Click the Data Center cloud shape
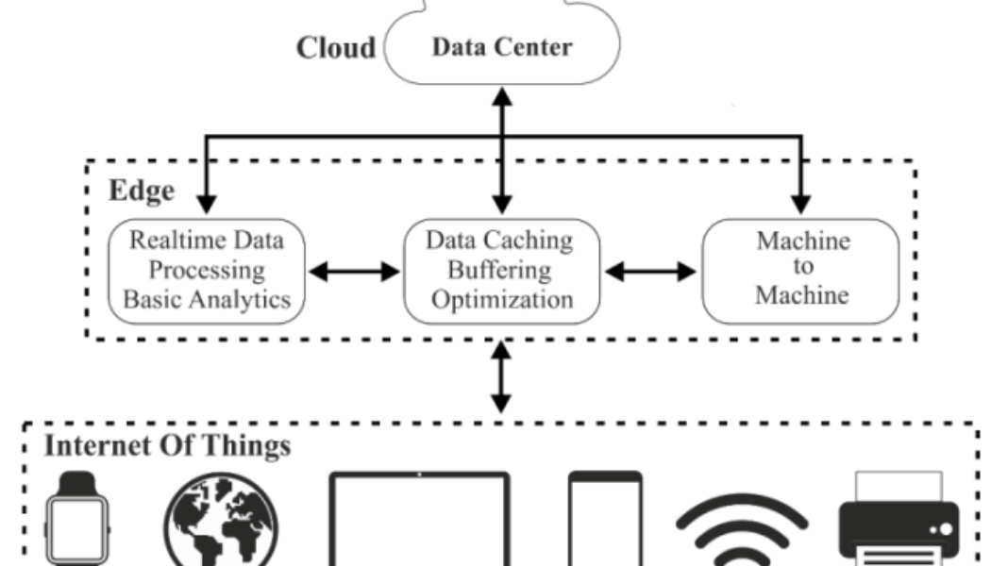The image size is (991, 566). tap(501, 47)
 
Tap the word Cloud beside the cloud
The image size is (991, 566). tap(336, 48)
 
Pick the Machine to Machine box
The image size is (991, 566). tap(801, 270)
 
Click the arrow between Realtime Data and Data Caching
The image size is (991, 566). tap(355, 272)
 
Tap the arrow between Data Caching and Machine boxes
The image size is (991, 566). tap(650, 272)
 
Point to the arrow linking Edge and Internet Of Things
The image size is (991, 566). tap(501, 377)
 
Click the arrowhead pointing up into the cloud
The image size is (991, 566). tap(501, 95)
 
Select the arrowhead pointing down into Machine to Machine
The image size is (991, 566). tap(801, 202)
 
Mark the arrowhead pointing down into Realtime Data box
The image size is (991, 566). tap(205, 202)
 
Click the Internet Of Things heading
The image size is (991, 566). tap(167, 445)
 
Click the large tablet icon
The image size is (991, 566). tap(419, 524)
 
